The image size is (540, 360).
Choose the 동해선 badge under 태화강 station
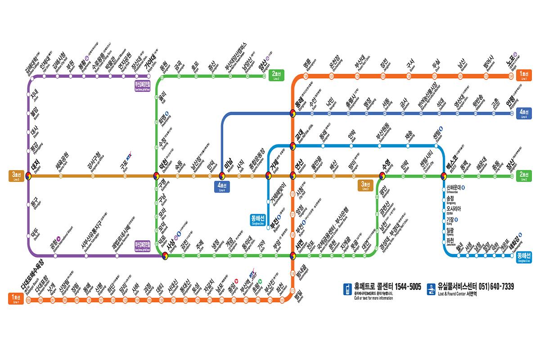coord(523,256)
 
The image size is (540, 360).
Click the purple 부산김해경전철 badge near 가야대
coord(144,85)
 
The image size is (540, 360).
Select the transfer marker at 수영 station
coord(383,176)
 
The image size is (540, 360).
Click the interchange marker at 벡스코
coord(444,176)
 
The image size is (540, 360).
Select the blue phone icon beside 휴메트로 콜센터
coord(347,289)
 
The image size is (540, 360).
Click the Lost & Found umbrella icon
coord(431,289)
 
